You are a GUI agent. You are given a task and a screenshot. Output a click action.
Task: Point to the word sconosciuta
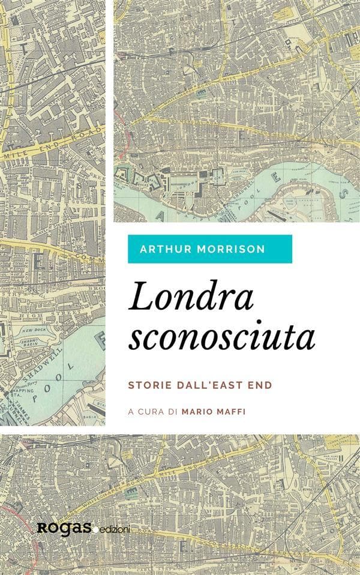(x=222, y=339)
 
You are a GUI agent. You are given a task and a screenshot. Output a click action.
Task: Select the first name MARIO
(x=200, y=412)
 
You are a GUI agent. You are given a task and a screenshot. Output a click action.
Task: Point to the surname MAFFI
(x=233, y=412)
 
